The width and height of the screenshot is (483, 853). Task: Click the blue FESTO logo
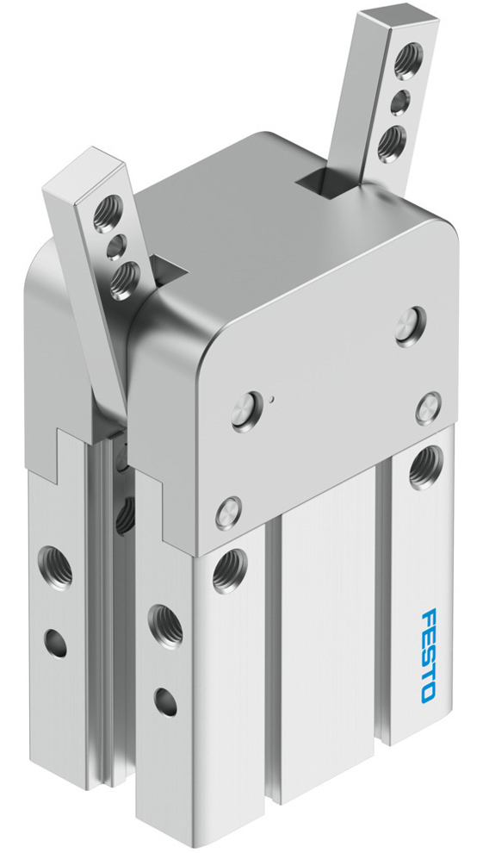[x=430, y=654]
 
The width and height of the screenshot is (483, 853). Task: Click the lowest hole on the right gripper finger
[x=393, y=140]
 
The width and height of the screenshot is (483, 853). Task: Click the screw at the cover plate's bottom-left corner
[x=228, y=514]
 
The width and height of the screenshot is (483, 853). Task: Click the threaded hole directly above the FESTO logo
[x=424, y=468]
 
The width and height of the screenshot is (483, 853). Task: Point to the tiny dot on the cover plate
[x=270, y=400]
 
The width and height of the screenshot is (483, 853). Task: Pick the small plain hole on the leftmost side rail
[x=56, y=641]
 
